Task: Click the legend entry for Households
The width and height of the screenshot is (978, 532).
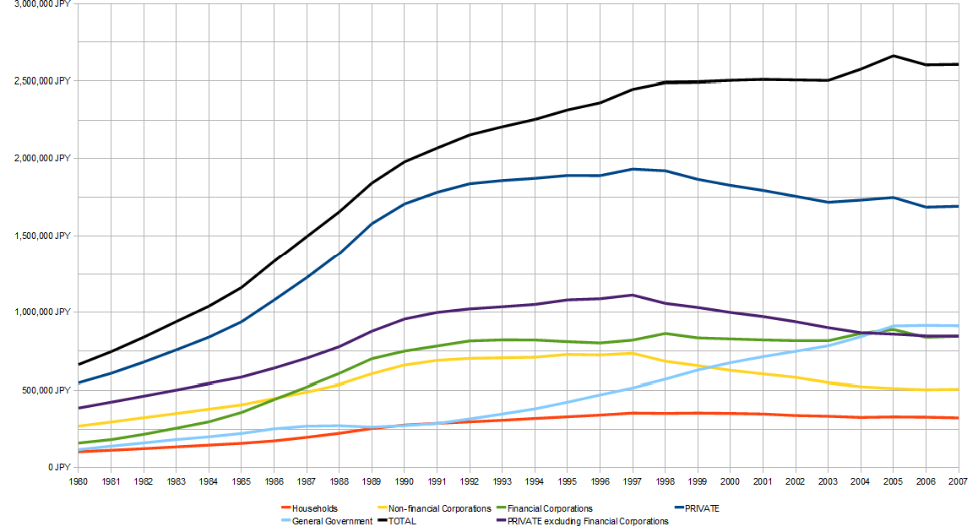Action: pyautogui.click(x=315, y=508)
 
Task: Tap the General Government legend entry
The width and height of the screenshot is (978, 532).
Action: pyautogui.click(x=332, y=521)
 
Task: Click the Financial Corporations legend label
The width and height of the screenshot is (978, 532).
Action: pyautogui.click(x=551, y=508)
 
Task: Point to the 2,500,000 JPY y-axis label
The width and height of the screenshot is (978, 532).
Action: pyautogui.click(x=47, y=81)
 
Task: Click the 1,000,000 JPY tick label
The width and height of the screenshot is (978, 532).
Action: pyautogui.click(x=47, y=312)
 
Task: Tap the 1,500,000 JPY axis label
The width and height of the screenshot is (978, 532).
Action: pyautogui.click(x=47, y=236)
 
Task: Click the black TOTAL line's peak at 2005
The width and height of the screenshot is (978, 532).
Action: pyautogui.click(x=894, y=56)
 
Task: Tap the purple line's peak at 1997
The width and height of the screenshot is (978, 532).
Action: pyautogui.click(x=632, y=295)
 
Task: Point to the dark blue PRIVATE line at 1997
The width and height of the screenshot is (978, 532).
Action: pyautogui.click(x=632, y=169)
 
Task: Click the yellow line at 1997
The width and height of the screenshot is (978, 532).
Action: pyautogui.click(x=632, y=353)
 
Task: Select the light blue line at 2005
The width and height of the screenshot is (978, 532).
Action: pyautogui.click(x=894, y=326)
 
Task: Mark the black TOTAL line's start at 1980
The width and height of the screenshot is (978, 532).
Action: pyautogui.click(x=78, y=365)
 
